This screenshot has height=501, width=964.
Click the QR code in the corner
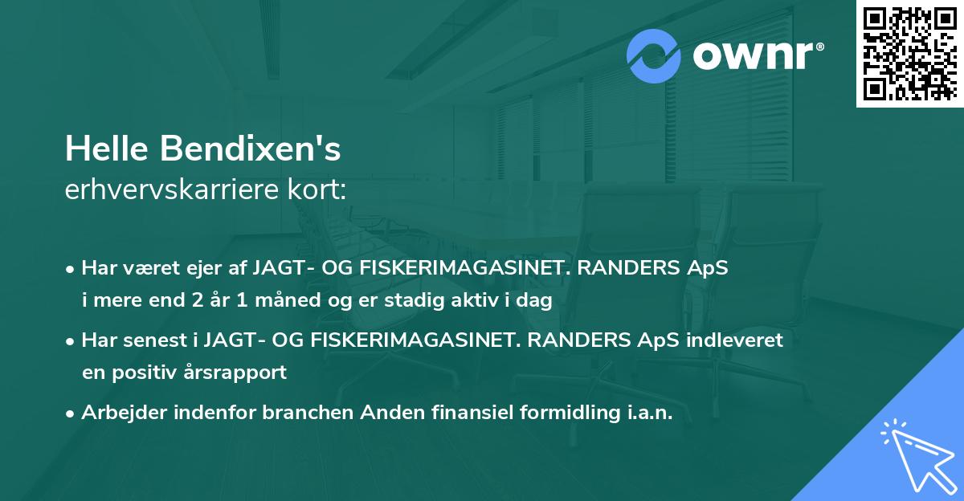(909, 53)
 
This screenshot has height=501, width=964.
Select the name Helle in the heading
(107, 149)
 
